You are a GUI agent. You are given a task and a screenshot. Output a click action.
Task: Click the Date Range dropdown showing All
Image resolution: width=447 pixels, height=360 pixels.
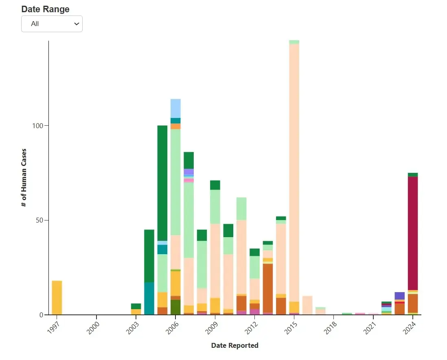(52, 24)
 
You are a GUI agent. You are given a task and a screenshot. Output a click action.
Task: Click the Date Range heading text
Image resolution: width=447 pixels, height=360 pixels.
(45, 9)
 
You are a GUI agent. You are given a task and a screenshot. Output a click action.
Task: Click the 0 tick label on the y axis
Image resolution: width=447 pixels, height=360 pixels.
(42, 315)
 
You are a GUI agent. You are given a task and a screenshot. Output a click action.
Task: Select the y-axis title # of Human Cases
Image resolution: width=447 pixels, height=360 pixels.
(24, 177)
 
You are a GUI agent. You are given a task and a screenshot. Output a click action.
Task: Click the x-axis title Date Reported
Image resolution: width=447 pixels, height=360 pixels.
(234, 345)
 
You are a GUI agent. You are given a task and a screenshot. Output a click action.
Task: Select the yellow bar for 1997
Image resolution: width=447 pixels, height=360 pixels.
(57, 297)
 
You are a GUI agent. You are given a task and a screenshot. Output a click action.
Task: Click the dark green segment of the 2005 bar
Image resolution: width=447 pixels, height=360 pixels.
(162, 183)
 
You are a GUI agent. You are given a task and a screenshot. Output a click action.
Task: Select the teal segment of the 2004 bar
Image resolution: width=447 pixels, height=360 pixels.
(149, 299)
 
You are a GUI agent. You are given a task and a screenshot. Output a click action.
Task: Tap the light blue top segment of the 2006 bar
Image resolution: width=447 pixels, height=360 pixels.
(175, 108)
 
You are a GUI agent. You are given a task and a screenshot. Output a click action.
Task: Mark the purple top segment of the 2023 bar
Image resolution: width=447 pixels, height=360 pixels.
(399, 296)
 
